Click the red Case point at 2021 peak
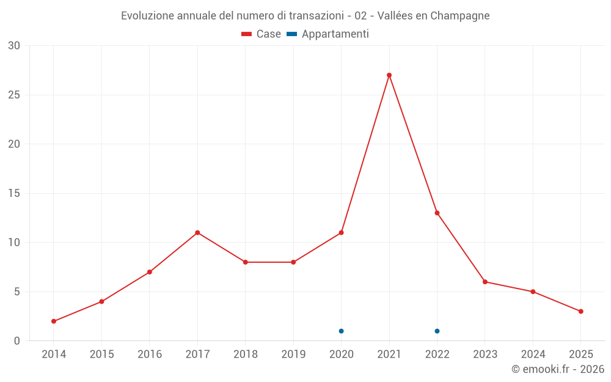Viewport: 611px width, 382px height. point(389,75)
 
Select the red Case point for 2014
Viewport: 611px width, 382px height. point(54,321)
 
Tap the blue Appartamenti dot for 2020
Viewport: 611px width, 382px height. point(341,331)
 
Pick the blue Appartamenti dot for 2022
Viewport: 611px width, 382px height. point(437,331)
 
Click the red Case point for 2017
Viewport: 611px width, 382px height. point(197,232)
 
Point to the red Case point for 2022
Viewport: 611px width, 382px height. point(437,213)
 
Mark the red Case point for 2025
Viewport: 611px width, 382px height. point(580,311)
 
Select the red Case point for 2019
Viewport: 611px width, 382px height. point(293,262)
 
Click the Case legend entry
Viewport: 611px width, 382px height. point(262,34)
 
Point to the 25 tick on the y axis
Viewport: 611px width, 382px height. point(13,95)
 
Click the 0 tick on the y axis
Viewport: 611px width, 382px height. point(17,340)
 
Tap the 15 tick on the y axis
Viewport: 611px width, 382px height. point(13,193)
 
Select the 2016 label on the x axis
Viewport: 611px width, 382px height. point(150,354)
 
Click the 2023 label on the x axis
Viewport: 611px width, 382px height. point(485,354)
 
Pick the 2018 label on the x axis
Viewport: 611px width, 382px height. point(246,354)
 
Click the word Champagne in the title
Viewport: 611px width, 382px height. point(459,16)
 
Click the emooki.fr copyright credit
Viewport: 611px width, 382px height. point(558,369)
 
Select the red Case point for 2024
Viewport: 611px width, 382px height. point(533,292)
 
